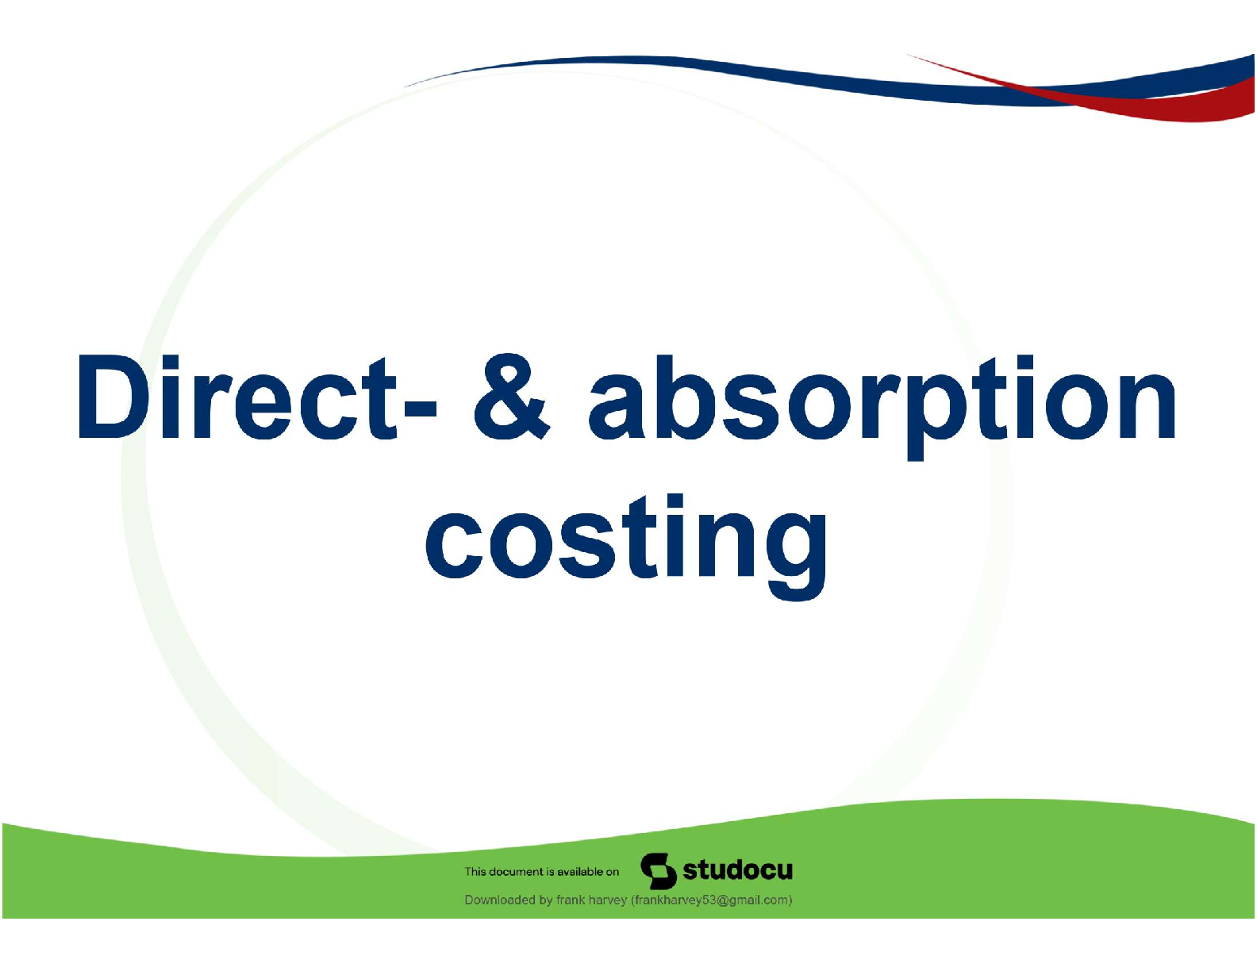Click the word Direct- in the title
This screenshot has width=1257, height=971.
tap(257, 397)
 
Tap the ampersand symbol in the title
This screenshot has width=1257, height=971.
tap(511, 397)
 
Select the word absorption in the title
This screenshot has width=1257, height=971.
tap(882, 406)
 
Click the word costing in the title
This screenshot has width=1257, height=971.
tap(626, 547)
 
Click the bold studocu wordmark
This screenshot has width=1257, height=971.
tap(737, 869)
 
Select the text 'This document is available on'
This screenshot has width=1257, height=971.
tap(541, 872)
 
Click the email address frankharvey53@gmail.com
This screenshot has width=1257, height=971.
tap(711, 900)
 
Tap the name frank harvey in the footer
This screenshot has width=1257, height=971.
tap(591, 900)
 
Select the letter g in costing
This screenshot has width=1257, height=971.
tap(796, 556)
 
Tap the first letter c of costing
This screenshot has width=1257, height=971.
tap(453, 546)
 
